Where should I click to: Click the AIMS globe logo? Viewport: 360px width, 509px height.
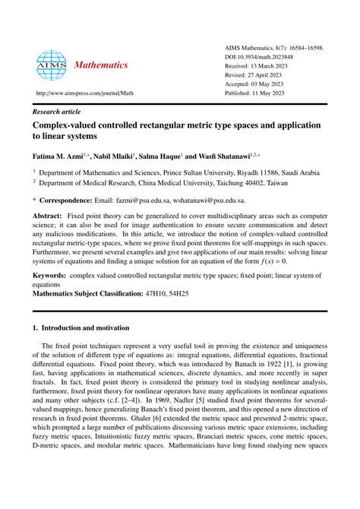[x=52, y=66]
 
